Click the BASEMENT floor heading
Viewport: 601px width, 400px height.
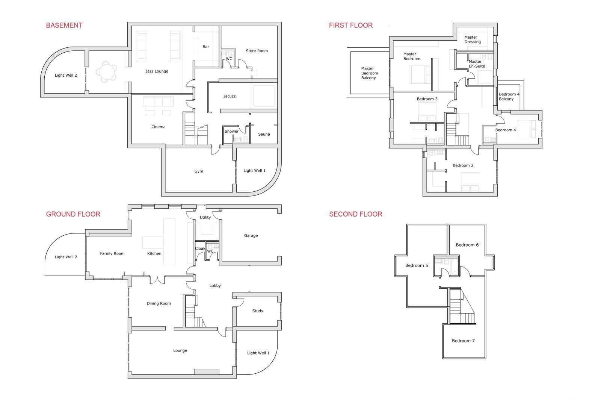click(x=64, y=26)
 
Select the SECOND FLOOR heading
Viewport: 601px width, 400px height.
click(x=355, y=214)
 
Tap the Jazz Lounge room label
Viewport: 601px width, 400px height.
click(x=157, y=71)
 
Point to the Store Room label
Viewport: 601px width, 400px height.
click(x=257, y=51)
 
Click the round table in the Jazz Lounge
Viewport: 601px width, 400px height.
click(x=107, y=72)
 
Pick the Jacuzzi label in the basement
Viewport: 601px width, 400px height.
click(x=230, y=96)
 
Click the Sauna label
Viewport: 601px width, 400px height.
click(x=264, y=134)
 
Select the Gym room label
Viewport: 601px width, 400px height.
click(x=199, y=171)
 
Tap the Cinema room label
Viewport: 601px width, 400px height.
click(x=158, y=127)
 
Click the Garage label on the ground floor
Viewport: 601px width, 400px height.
click(x=251, y=235)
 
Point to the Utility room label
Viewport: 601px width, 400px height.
click(x=205, y=217)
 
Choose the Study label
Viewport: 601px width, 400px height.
click(x=258, y=311)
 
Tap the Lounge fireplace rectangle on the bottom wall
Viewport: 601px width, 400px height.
click(x=207, y=371)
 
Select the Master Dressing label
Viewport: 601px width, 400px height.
click(x=473, y=39)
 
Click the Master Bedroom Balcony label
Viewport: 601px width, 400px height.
click(x=369, y=73)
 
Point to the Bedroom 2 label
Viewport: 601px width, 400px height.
click(x=463, y=165)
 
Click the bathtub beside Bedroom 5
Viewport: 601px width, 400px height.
click(x=454, y=267)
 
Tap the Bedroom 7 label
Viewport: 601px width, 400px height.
click(x=463, y=341)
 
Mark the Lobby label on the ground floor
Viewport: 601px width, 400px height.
click(x=215, y=286)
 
